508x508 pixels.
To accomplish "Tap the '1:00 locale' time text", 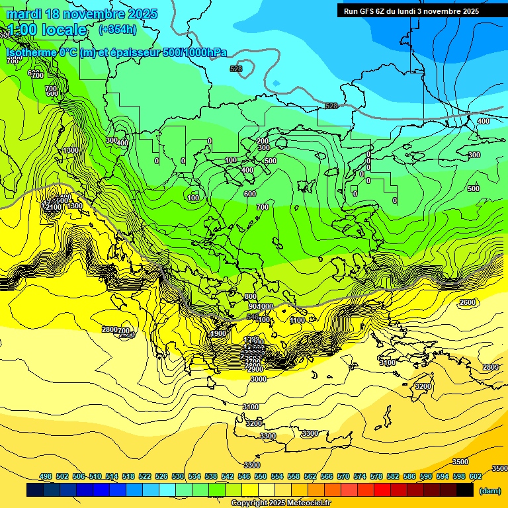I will (47, 30).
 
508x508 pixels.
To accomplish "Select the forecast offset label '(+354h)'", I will (118, 29).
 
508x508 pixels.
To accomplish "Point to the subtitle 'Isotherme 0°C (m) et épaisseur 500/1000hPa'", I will (116, 52).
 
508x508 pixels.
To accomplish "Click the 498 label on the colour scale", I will (46, 476).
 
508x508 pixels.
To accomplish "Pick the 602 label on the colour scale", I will (476, 476).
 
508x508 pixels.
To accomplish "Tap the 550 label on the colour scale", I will (261, 476).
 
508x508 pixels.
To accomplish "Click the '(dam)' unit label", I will (489, 490).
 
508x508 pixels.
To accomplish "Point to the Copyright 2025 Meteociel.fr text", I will (280, 503).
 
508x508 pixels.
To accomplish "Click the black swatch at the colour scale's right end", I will (464, 490).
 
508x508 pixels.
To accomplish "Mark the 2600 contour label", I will (467, 302).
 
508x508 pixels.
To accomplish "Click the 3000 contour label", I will (259, 379).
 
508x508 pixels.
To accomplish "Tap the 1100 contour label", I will (298, 320).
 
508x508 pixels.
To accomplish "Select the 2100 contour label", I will (54, 207).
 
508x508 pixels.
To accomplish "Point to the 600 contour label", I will (249, 194).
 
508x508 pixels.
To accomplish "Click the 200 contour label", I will (263, 141).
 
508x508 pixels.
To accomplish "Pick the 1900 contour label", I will (218, 334).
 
